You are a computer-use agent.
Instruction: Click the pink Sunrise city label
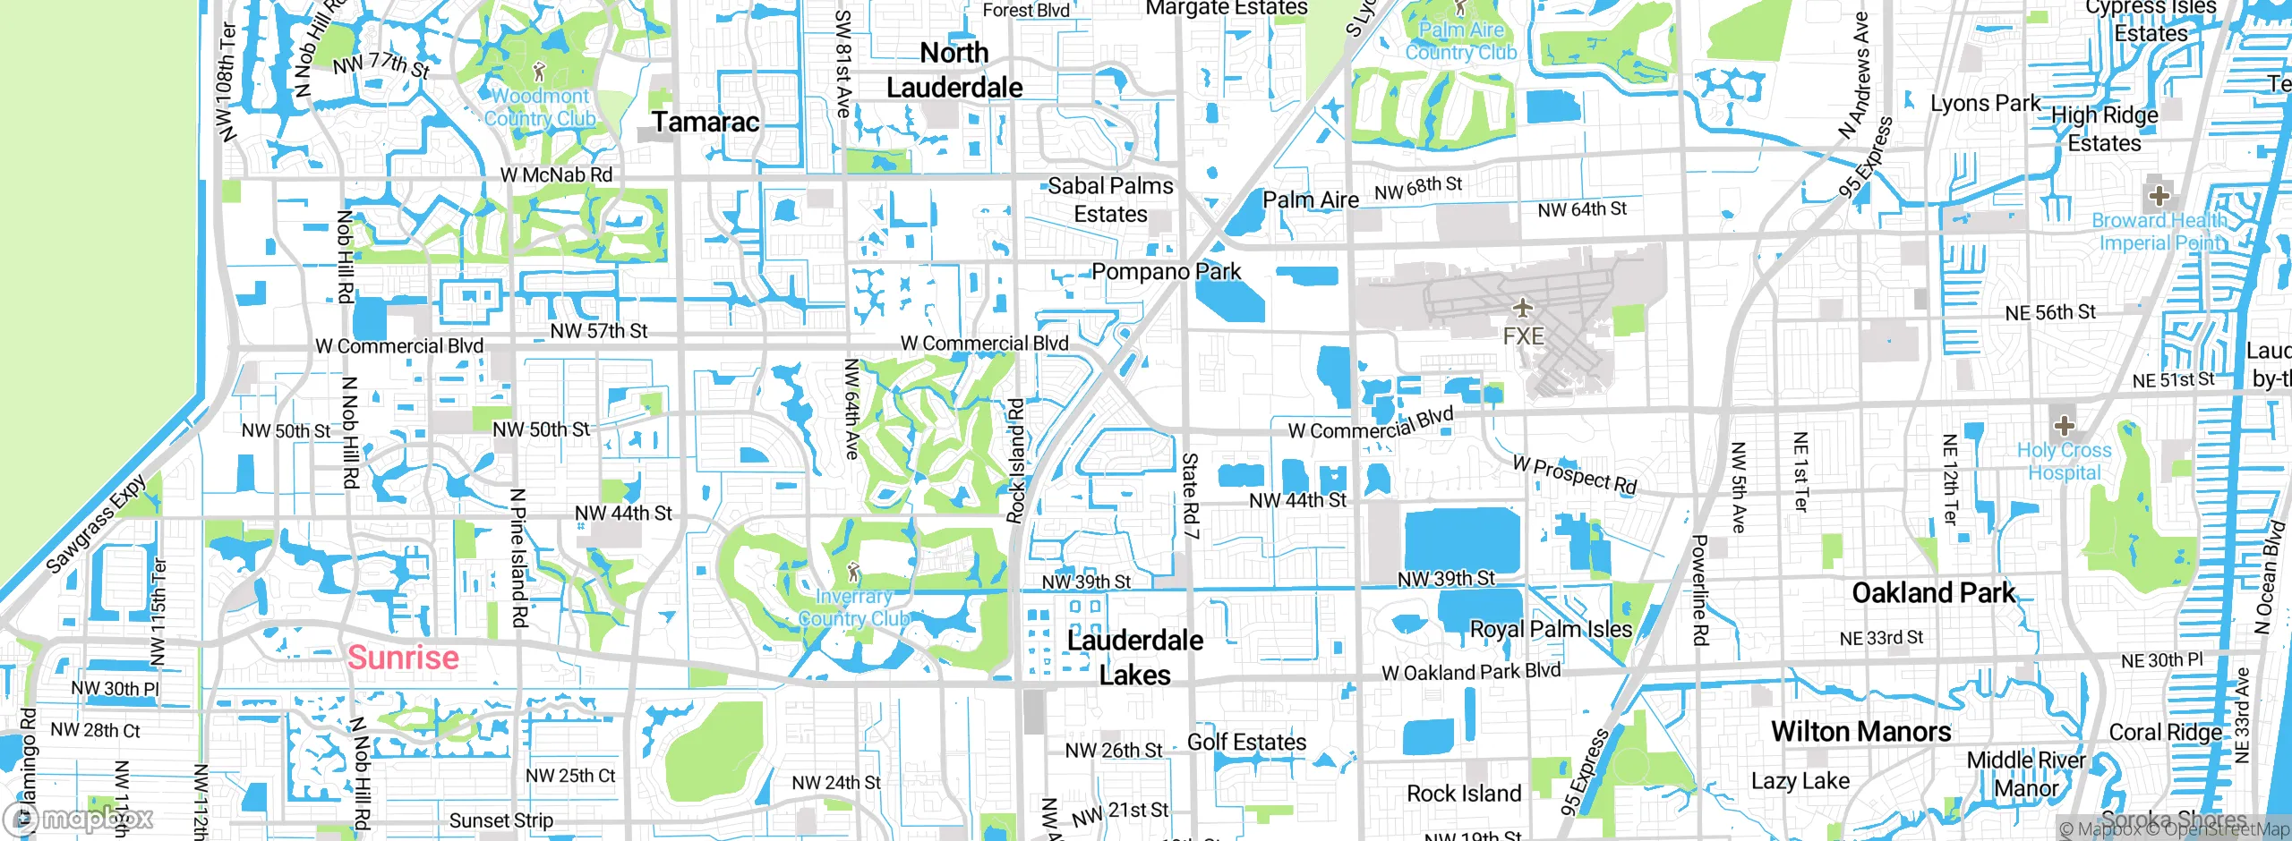(x=403, y=658)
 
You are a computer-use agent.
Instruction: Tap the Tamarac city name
(x=706, y=122)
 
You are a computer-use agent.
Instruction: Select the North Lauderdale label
(x=954, y=70)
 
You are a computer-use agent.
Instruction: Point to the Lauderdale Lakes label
(x=1134, y=658)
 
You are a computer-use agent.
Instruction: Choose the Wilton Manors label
(x=1860, y=732)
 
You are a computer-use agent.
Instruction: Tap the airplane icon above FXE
(x=1522, y=310)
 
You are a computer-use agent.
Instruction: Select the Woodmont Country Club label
(x=540, y=107)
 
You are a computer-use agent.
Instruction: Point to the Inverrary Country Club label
(x=853, y=607)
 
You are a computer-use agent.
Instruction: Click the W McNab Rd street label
(x=556, y=175)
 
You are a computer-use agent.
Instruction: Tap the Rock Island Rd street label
(x=1015, y=461)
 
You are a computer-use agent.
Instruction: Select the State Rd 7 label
(x=1190, y=496)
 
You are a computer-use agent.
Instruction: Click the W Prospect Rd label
(x=1575, y=475)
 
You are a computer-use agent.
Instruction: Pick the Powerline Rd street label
(x=1700, y=590)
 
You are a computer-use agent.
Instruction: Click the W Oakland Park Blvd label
(x=1471, y=672)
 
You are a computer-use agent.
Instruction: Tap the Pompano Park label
(x=1166, y=271)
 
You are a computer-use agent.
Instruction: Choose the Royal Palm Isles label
(x=1552, y=629)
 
